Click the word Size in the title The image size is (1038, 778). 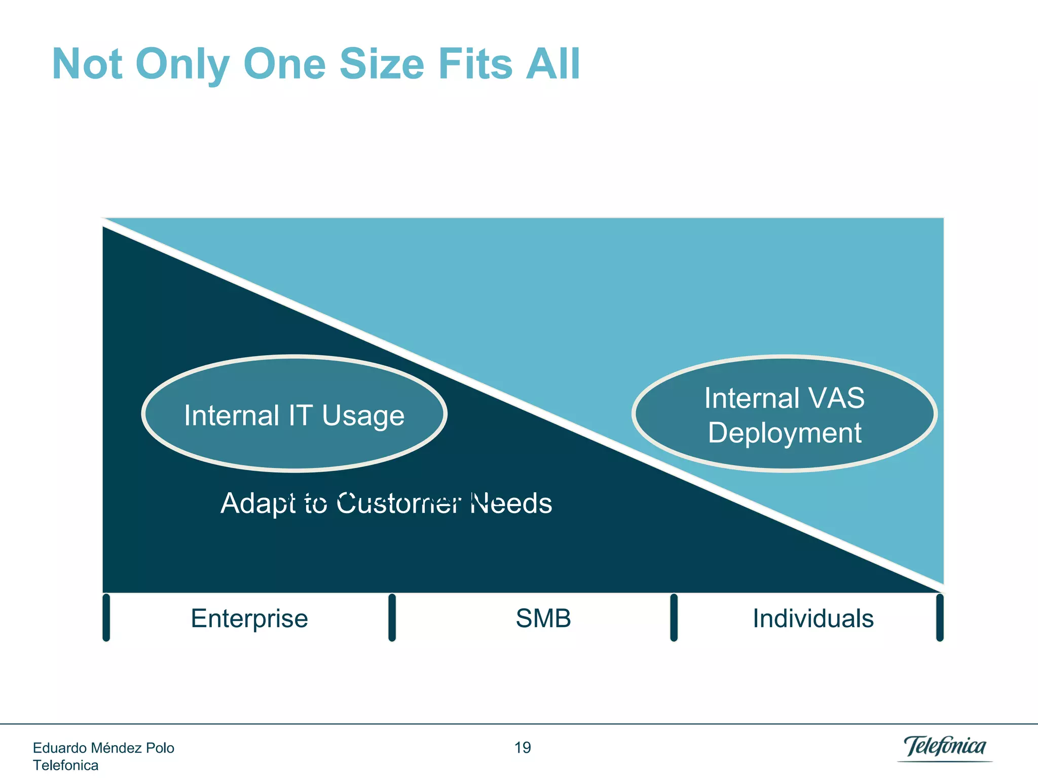[381, 64]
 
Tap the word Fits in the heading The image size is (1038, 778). [475, 64]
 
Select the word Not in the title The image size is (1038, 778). [87, 64]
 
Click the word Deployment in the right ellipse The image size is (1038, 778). [785, 433]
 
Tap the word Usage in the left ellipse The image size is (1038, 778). [363, 416]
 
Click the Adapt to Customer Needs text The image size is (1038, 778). [386, 503]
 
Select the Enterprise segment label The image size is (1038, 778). [249, 618]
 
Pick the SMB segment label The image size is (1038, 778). [543, 618]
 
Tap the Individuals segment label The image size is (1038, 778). [813, 618]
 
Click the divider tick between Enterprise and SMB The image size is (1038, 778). [392, 617]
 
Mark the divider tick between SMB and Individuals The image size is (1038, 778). [674, 617]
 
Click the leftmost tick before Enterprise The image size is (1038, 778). [106, 617]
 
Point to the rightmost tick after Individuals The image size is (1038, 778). [940, 617]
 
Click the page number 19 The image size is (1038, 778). [523, 748]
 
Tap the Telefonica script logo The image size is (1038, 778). [945, 747]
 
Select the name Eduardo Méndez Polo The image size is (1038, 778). [103, 748]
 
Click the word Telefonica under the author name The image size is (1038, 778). [65, 765]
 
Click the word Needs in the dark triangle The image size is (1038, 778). [511, 503]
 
